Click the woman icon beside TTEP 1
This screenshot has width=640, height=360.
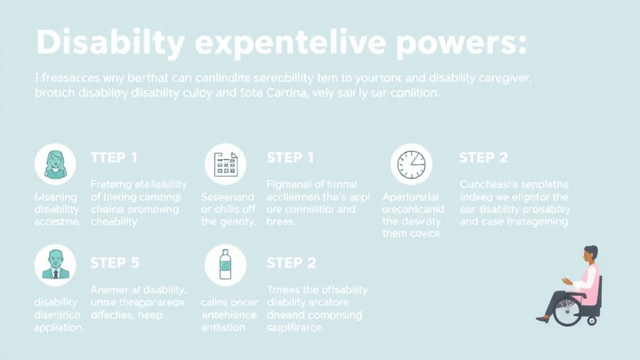(55, 164)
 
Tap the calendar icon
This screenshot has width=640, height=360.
(225, 164)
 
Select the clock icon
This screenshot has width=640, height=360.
(411, 164)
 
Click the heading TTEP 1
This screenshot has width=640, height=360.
(114, 157)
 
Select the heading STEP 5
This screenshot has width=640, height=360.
(114, 262)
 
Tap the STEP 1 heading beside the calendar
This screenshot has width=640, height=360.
(290, 157)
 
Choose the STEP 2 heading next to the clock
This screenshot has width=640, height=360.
(483, 157)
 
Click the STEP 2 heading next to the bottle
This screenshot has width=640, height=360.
(291, 262)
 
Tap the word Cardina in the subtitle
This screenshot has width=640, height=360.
(279, 94)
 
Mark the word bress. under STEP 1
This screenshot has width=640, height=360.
(281, 221)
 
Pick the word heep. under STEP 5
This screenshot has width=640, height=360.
(151, 315)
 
